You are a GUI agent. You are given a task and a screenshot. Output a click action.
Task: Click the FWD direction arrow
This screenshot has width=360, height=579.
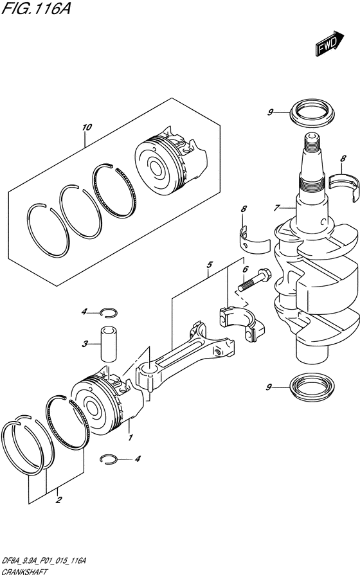(330, 44)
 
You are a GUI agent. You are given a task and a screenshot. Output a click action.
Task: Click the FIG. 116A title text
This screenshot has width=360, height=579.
(36, 9)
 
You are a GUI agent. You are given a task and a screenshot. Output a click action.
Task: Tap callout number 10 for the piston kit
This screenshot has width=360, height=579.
(87, 127)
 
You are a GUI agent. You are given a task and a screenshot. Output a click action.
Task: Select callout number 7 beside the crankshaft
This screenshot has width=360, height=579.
(276, 208)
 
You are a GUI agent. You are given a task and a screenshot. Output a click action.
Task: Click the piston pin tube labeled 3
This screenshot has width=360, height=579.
(107, 343)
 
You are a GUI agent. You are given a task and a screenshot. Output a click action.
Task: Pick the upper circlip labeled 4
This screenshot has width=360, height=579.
(109, 312)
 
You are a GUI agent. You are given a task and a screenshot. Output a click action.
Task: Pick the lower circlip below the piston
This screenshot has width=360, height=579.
(109, 459)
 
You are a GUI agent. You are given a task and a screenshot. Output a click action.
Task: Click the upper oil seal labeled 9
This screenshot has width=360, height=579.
(312, 112)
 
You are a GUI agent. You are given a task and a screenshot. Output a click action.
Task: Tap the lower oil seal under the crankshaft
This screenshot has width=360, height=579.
(312, 387)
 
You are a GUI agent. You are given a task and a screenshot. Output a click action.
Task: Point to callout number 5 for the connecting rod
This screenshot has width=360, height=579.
(209, 264)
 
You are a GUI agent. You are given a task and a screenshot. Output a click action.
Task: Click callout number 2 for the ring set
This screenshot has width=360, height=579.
(58, 501)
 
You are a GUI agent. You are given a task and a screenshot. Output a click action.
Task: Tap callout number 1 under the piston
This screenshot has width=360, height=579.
(130, 438)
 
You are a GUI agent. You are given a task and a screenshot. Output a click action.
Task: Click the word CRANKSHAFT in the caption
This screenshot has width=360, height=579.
(25, 572)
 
